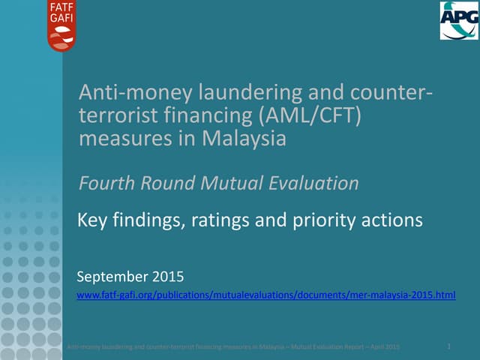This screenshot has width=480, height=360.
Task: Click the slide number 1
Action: click(448, 345)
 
